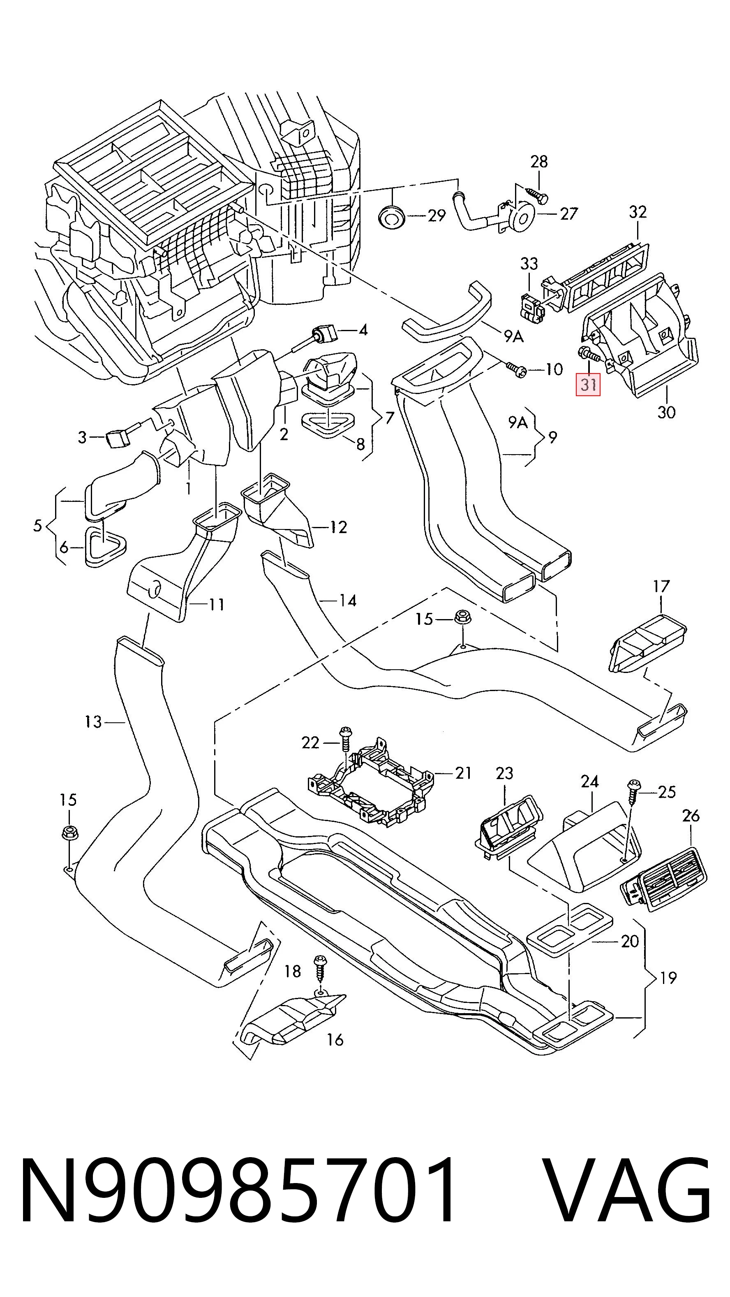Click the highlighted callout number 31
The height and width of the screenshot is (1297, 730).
tap(588, 385)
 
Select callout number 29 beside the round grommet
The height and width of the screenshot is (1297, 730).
tap(436, 216)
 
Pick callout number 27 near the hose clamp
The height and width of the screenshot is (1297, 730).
tap(568, 214)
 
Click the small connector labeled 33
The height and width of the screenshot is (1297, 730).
tap(532, 308)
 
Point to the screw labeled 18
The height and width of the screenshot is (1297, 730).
tap(319, 966)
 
